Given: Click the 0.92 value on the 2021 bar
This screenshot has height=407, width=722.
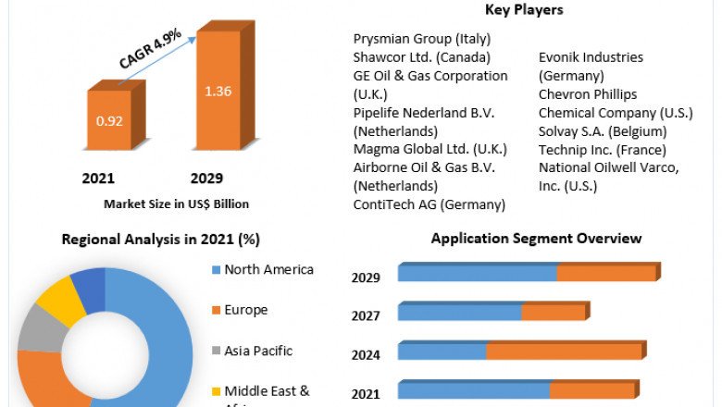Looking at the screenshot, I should (x=109, y=119).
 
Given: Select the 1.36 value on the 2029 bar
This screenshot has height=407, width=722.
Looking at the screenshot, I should (x=218, y=91).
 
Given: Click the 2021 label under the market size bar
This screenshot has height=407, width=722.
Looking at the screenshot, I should (x=99, y=178).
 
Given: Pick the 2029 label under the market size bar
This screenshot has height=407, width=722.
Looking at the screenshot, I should (x=206, y=178).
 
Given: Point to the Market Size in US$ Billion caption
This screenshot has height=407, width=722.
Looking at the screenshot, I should (x=176, y=203).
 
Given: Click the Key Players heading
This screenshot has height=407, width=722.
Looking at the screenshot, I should (x=524, y=10).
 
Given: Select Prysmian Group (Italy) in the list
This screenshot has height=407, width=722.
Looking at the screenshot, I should (x=422, y=39).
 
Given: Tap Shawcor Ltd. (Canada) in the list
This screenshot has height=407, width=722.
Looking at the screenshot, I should (x=421, y=57).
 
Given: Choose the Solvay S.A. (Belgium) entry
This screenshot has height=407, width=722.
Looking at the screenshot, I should (x=603, y=130).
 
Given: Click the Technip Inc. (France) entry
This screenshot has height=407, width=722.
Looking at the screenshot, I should (x=598, y=149).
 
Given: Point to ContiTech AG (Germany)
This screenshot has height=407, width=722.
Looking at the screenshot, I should (x=429, y=204).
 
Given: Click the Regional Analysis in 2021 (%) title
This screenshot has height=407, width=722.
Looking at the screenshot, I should (x=160, y=240).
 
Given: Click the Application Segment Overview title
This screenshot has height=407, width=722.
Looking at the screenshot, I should (x=536, y=239).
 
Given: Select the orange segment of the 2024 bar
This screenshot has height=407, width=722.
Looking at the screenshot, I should (x=563, y=351).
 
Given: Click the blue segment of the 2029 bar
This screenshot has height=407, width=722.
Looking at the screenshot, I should (x=477, y=273).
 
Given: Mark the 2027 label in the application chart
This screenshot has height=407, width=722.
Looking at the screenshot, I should (x=366, y=315).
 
